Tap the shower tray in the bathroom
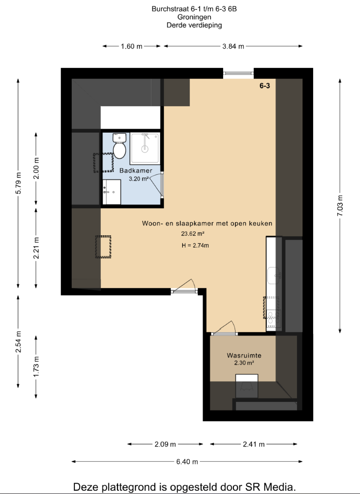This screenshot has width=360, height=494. pos(145,148)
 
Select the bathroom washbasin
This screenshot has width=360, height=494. pos(112,192)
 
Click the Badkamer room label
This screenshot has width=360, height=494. pos(136,170)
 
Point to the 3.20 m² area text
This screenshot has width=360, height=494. pos(139,179)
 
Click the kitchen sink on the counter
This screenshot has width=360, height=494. pos(274,276)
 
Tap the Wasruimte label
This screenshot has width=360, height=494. pos(244,355)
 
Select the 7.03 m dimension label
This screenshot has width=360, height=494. pos(340,205)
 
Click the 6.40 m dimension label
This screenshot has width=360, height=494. pos(187,462)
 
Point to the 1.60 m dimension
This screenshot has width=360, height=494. pos(131,46)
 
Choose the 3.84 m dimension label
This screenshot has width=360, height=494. pos(233,46)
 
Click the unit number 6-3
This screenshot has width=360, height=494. pos(265,86)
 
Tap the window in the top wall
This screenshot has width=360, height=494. pos(238,73)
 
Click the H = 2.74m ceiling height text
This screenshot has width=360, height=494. pos(195,245)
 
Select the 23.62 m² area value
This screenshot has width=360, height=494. pos(193,234)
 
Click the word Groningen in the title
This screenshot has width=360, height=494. pos(194,17)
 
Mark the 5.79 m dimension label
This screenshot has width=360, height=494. pos(18,183)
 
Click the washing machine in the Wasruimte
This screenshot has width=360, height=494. pos(247,386)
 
